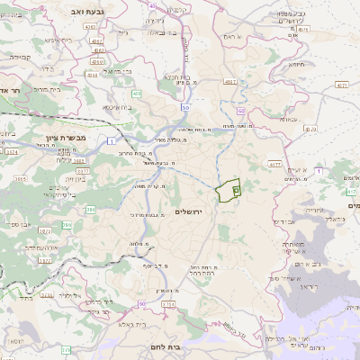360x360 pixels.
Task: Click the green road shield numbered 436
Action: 137,94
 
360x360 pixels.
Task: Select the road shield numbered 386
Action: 91,209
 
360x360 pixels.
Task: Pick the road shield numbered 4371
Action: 340,85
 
